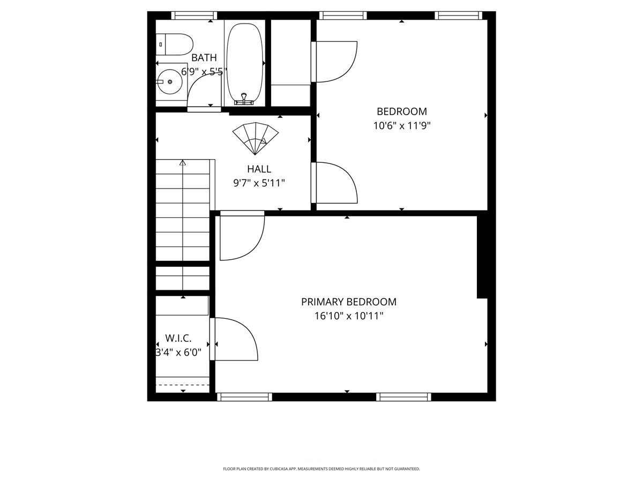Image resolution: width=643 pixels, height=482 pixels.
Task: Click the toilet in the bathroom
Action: coord(174,44)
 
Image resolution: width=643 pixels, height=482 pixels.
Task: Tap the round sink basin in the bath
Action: coord(170,81)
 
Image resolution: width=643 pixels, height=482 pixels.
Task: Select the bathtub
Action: coord(245,62)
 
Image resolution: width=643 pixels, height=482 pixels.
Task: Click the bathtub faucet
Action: coord(244,99)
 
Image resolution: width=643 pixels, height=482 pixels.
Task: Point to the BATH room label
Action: coord(204,58)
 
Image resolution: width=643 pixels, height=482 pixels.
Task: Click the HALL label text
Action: coord(259,169)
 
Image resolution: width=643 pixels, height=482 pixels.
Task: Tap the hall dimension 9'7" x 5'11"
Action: coord(259,183)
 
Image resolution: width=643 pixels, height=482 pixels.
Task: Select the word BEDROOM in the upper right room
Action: coord(402,111)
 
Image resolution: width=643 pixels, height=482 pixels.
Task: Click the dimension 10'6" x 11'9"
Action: coord(402,126)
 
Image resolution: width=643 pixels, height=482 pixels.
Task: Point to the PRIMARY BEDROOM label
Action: coord(349,302)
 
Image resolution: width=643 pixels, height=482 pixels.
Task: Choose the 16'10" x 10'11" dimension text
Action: coord(349,316)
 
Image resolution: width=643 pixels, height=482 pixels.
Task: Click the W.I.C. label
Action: coord(178,338)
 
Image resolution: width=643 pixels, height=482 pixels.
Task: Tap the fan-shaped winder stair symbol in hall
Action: coord(256,138)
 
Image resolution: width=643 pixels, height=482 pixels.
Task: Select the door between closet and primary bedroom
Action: coord(234,339)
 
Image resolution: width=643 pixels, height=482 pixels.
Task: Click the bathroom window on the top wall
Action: coord(194,15)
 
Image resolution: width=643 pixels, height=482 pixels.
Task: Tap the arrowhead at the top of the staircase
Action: coord(183,163)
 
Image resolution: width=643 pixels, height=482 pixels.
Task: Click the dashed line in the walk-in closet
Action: coord(182,385)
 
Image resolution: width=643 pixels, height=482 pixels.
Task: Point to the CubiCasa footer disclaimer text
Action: coord(322,469)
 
